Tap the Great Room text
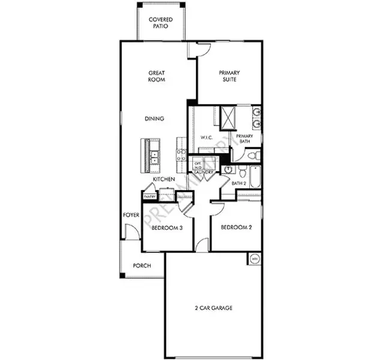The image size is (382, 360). (x=157, y=76)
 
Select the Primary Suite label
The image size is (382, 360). (x=229, y=76)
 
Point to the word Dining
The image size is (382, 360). (x=154, y=119)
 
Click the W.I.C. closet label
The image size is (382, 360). (x=207, y=138)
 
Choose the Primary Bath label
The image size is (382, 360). (x=244, y=139)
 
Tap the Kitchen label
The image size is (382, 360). (x=163, y=179)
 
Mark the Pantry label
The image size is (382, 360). (x=150, y=196)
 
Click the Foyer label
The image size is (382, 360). (x=131, y=215)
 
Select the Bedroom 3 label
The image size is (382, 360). (x=167, y=228)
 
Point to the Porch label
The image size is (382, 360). (x=142, y=266)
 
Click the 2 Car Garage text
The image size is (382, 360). (x=213, y=308)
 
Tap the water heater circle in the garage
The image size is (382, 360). (x=254, y=259)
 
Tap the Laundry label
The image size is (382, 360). (x=204, y=172)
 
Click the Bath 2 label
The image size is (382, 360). (x=240, y=184)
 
